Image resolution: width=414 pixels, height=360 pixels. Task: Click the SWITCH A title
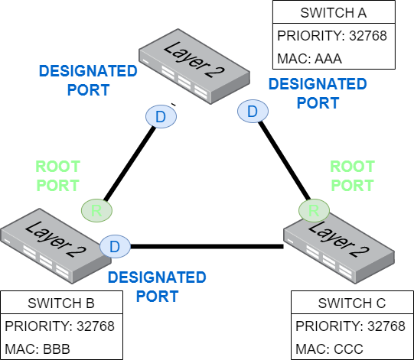(334, 13)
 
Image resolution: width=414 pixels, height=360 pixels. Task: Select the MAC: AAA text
(309, 59)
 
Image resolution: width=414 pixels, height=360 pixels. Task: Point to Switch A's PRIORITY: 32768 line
(332, 36)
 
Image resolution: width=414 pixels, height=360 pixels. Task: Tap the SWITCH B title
(61, 303)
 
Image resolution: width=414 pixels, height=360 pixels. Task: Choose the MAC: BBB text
(37, 349)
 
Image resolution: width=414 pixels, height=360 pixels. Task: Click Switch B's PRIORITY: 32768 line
(60, 326)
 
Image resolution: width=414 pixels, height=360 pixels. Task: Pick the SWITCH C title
(352, 303)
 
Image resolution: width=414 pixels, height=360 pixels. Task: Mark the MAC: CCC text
(329, 349)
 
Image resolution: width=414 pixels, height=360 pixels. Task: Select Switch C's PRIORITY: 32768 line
(350, 326)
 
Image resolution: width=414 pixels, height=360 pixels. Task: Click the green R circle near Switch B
(96, 210)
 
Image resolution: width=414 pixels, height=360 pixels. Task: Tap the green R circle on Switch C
(314, 210)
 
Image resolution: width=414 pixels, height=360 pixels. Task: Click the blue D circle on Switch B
(115, 247)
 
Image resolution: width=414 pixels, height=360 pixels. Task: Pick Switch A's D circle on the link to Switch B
(161, 117)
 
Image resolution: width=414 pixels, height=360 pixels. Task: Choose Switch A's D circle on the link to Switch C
(253, 111)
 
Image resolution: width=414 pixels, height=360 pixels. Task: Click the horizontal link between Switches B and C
(207, 247)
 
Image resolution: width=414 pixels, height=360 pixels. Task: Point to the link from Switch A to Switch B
(129, 164)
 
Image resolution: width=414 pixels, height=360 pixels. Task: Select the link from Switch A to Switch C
(285, 161)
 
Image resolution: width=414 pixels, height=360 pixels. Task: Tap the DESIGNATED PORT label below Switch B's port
(157, 287)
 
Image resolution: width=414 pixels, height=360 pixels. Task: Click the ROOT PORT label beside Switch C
(353, 176)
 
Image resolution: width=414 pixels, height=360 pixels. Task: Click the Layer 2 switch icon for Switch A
(194, 66)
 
